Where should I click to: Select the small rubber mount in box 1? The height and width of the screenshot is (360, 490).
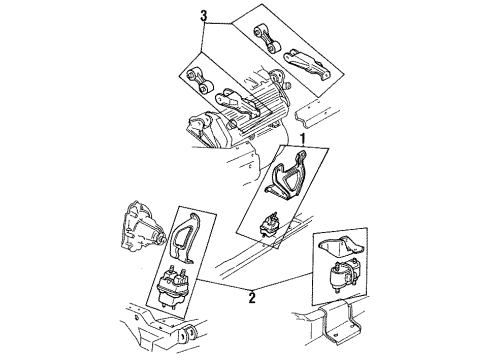pyautogui.click(x=268, y=227)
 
